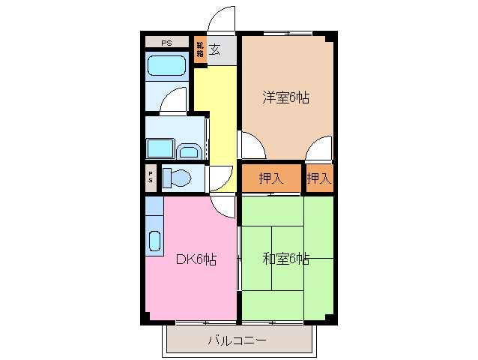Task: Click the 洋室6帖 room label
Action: click(x=286, y=97)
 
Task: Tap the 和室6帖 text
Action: click(x=285, y=259)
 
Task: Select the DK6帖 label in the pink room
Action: click(x=196, y=259)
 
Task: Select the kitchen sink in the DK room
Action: click(x=154, y=241)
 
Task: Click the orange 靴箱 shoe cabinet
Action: click(x=200, y=51)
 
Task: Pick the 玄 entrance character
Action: click(x=215, y=50)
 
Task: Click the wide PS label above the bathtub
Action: click(x=166, y=43)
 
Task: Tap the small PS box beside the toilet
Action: click(x=151, y=178)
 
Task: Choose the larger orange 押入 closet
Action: click(x=270, y=178)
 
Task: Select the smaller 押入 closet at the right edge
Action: click(x=318, y=178)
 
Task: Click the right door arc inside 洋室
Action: click(x=320, y=147)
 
